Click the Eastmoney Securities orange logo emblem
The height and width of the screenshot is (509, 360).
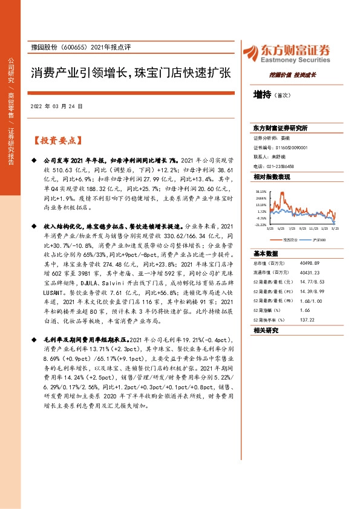pos(249,52)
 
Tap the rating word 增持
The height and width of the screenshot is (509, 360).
pos(263,94)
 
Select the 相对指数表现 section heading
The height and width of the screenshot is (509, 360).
pos(272,176)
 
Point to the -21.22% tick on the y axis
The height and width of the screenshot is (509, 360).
pos(261,224)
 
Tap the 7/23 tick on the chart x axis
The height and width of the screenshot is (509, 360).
pos(292,229)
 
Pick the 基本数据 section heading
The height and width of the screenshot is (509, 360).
pos(266,253)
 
